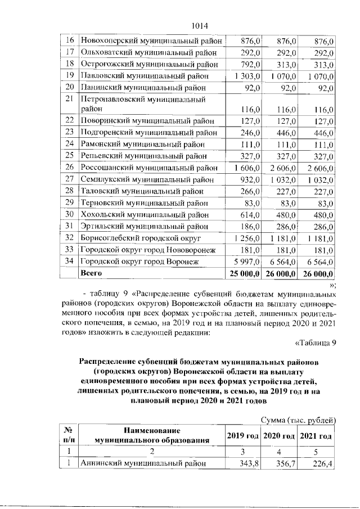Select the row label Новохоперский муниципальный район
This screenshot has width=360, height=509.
[152, 41]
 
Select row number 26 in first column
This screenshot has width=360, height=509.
[70, 167]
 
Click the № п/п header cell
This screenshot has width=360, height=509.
[69, 435]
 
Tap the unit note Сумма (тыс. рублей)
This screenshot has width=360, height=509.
[299, 420]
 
